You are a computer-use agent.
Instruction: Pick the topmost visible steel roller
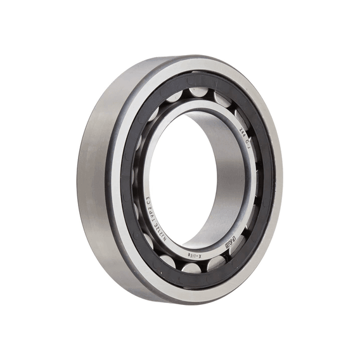point(198,93)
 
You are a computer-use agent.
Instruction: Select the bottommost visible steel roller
point(193,268)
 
